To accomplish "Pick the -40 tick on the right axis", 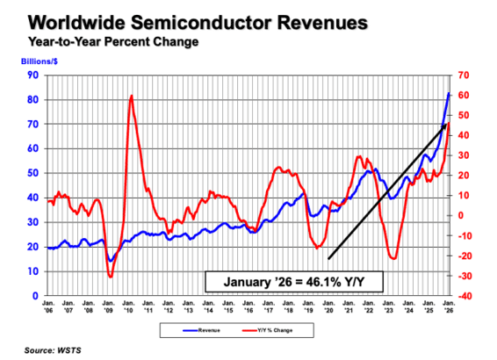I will coord(463,296).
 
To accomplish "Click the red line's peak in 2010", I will coord(131,96).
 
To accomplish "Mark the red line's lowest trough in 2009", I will coord(110,277).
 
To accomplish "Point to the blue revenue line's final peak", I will coord(450,93).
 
